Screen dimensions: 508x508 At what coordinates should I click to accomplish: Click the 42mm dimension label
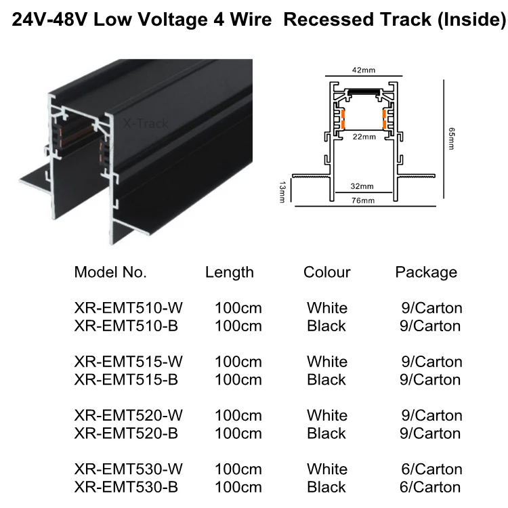pyautogui.click(x=364, y=70)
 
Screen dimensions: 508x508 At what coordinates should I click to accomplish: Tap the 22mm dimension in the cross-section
pyautogui.click(x=364, y=137)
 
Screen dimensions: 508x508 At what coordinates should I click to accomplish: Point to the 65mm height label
pyautogui.click(x=451, y=139)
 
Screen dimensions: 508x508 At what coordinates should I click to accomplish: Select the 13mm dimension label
pyautogui.click(x=282, y=192)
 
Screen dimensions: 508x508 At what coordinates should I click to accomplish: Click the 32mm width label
pyautogui.click(x=362, y=186)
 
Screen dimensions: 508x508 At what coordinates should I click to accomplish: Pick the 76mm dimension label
pyautogui.click(x=363, y=200)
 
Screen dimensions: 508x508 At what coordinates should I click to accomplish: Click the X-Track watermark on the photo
pyautogui.click(x=146, y=123)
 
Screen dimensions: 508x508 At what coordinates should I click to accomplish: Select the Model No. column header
pyautogui.click(x=110, y=272)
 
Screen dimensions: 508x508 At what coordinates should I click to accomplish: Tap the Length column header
pyautogui.click(x=230, y=273)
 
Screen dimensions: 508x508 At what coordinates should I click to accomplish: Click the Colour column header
pyautogui.click(x=327, y=272)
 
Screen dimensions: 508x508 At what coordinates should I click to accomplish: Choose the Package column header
pyautogui.click(x=426, y=273)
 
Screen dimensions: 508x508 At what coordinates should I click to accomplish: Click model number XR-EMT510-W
pyautogui.click(x=128, y=308)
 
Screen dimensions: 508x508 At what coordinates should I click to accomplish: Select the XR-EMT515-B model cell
pyautogui.click(x=126, y=380)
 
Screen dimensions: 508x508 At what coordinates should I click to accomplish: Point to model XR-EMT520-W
pyautogui.click(x=128, y=415)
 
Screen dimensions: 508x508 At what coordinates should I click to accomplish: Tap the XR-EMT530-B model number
pyautogui.click(x=126, y=487)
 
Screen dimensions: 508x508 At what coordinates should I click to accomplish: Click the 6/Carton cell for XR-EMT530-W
pyautogui.click(x=431, y=469)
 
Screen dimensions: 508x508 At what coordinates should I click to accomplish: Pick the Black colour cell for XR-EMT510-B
pyautogui.click(x=326, y=326)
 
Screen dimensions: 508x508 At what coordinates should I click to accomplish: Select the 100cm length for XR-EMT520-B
pyautogui.click(x=238, y=433)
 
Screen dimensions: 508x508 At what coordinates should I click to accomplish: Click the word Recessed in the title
pyautogui.click(x=329, y=20)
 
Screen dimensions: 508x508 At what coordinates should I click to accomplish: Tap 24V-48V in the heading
pyautogui.click(x=49, y=20)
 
